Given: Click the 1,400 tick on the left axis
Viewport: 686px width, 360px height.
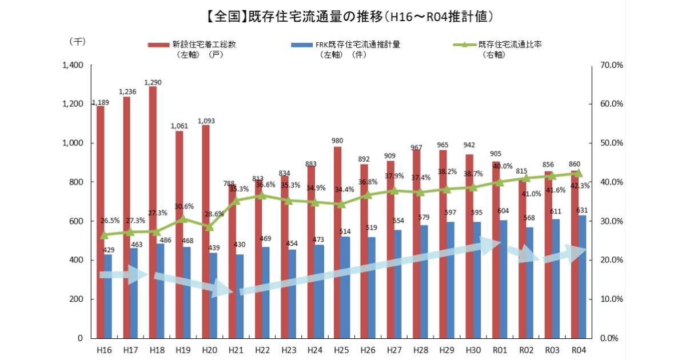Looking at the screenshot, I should pos(73,65).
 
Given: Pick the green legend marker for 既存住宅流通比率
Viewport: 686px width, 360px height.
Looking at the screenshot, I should pos(464,44).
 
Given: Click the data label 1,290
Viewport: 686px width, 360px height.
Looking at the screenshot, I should pos(153,82).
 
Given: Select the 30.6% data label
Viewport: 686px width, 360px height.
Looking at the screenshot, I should pos(184,207).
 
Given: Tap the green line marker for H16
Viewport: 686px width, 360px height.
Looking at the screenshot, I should pos(105,235).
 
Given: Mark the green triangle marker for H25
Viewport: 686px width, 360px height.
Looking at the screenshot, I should pos(341,204).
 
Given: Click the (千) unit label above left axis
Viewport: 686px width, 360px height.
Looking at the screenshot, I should pos(77,42).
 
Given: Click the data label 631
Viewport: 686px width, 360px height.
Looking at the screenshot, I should pos(583,209).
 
